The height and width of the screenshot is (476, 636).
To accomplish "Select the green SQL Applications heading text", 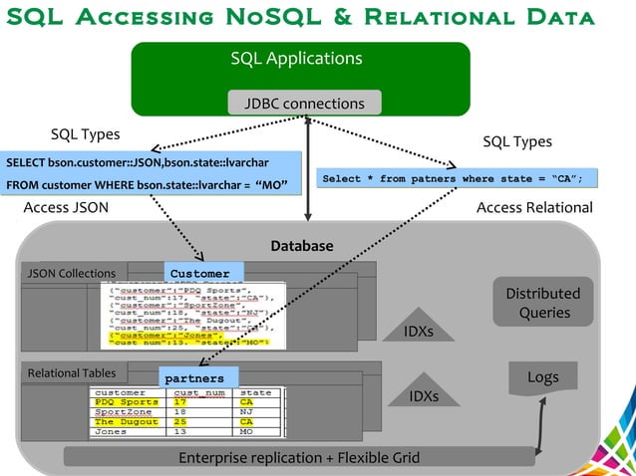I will (296, 59).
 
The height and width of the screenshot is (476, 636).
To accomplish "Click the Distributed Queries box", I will (542, 303).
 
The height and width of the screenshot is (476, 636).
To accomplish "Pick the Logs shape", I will (541, 378).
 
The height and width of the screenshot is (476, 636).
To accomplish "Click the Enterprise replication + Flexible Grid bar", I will (299, 458).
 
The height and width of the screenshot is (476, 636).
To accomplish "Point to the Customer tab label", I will (201, 274).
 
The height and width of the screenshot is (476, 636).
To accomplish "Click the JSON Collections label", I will (71, 273).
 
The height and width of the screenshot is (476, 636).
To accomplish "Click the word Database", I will (302, 246).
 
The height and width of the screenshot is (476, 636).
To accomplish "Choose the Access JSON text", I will (66, 207).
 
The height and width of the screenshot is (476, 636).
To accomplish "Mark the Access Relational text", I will (534, 207).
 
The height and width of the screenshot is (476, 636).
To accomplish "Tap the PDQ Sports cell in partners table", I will (126, 402).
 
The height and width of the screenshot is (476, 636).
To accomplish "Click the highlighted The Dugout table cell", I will (126, 422).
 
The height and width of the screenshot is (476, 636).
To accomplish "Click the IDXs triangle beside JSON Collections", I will (419, 321).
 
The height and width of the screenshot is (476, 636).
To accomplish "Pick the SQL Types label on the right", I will (516, 142).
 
